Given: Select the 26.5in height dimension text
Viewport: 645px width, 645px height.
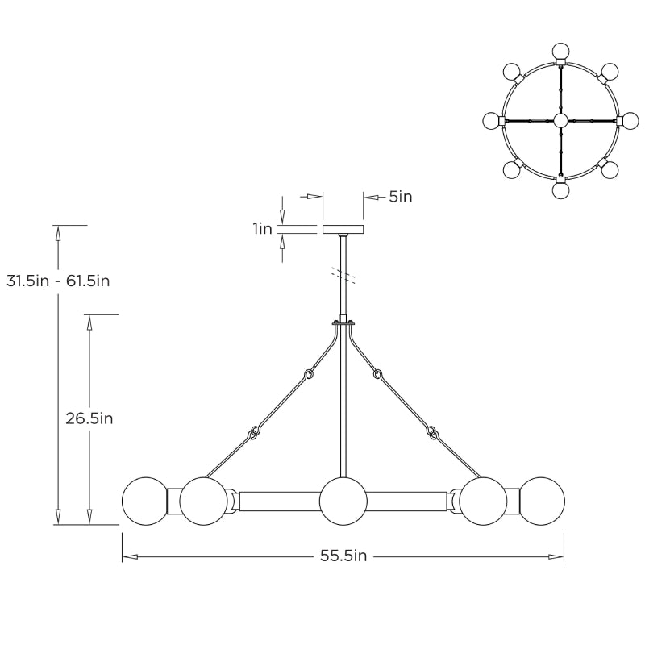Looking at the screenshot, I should coord(89,418).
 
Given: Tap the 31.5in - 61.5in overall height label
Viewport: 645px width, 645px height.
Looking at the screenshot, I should coord(58,281).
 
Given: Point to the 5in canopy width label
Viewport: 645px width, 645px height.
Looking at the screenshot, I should coord(400,196).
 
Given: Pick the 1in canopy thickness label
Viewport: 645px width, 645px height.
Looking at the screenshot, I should coord(262,229).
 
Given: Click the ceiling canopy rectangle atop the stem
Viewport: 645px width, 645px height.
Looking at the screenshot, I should coord(343,229).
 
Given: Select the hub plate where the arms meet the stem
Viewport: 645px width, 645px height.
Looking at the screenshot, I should coord(343,324).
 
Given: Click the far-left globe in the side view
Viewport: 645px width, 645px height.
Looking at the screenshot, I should coord(144,501).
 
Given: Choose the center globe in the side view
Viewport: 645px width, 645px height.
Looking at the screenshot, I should coord(343,501).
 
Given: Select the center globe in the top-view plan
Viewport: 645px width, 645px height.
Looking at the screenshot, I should coord(560,120).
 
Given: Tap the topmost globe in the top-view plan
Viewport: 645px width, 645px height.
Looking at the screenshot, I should coord(560,51).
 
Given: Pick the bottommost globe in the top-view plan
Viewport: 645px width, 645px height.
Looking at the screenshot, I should coord(560,190).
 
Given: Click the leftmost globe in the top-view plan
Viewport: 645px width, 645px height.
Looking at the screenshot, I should coord(491,120).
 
